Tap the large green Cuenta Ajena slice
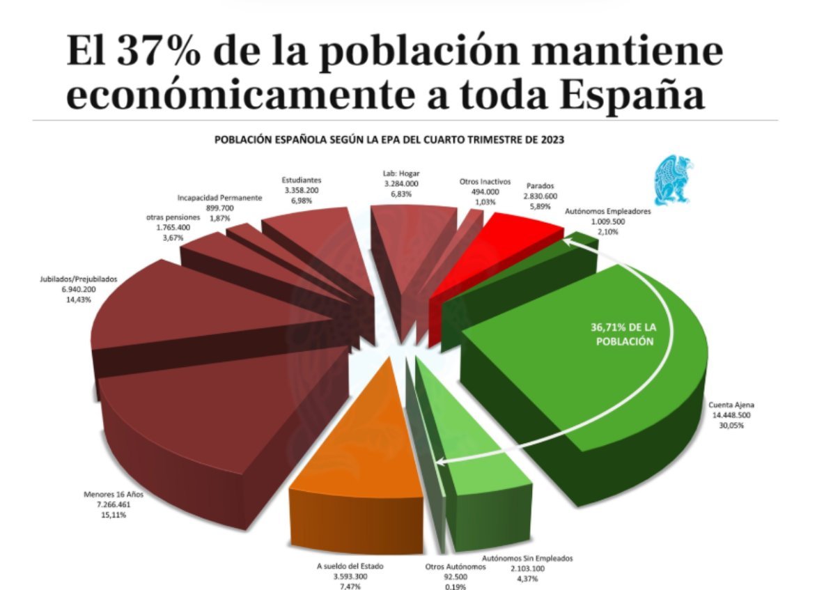(613, 390)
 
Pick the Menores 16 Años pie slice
(209, 418)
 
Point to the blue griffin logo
(672, 177)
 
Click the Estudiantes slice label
(302, 178)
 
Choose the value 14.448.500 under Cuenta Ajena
(732, 414)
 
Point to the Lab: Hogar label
(400, 173)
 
